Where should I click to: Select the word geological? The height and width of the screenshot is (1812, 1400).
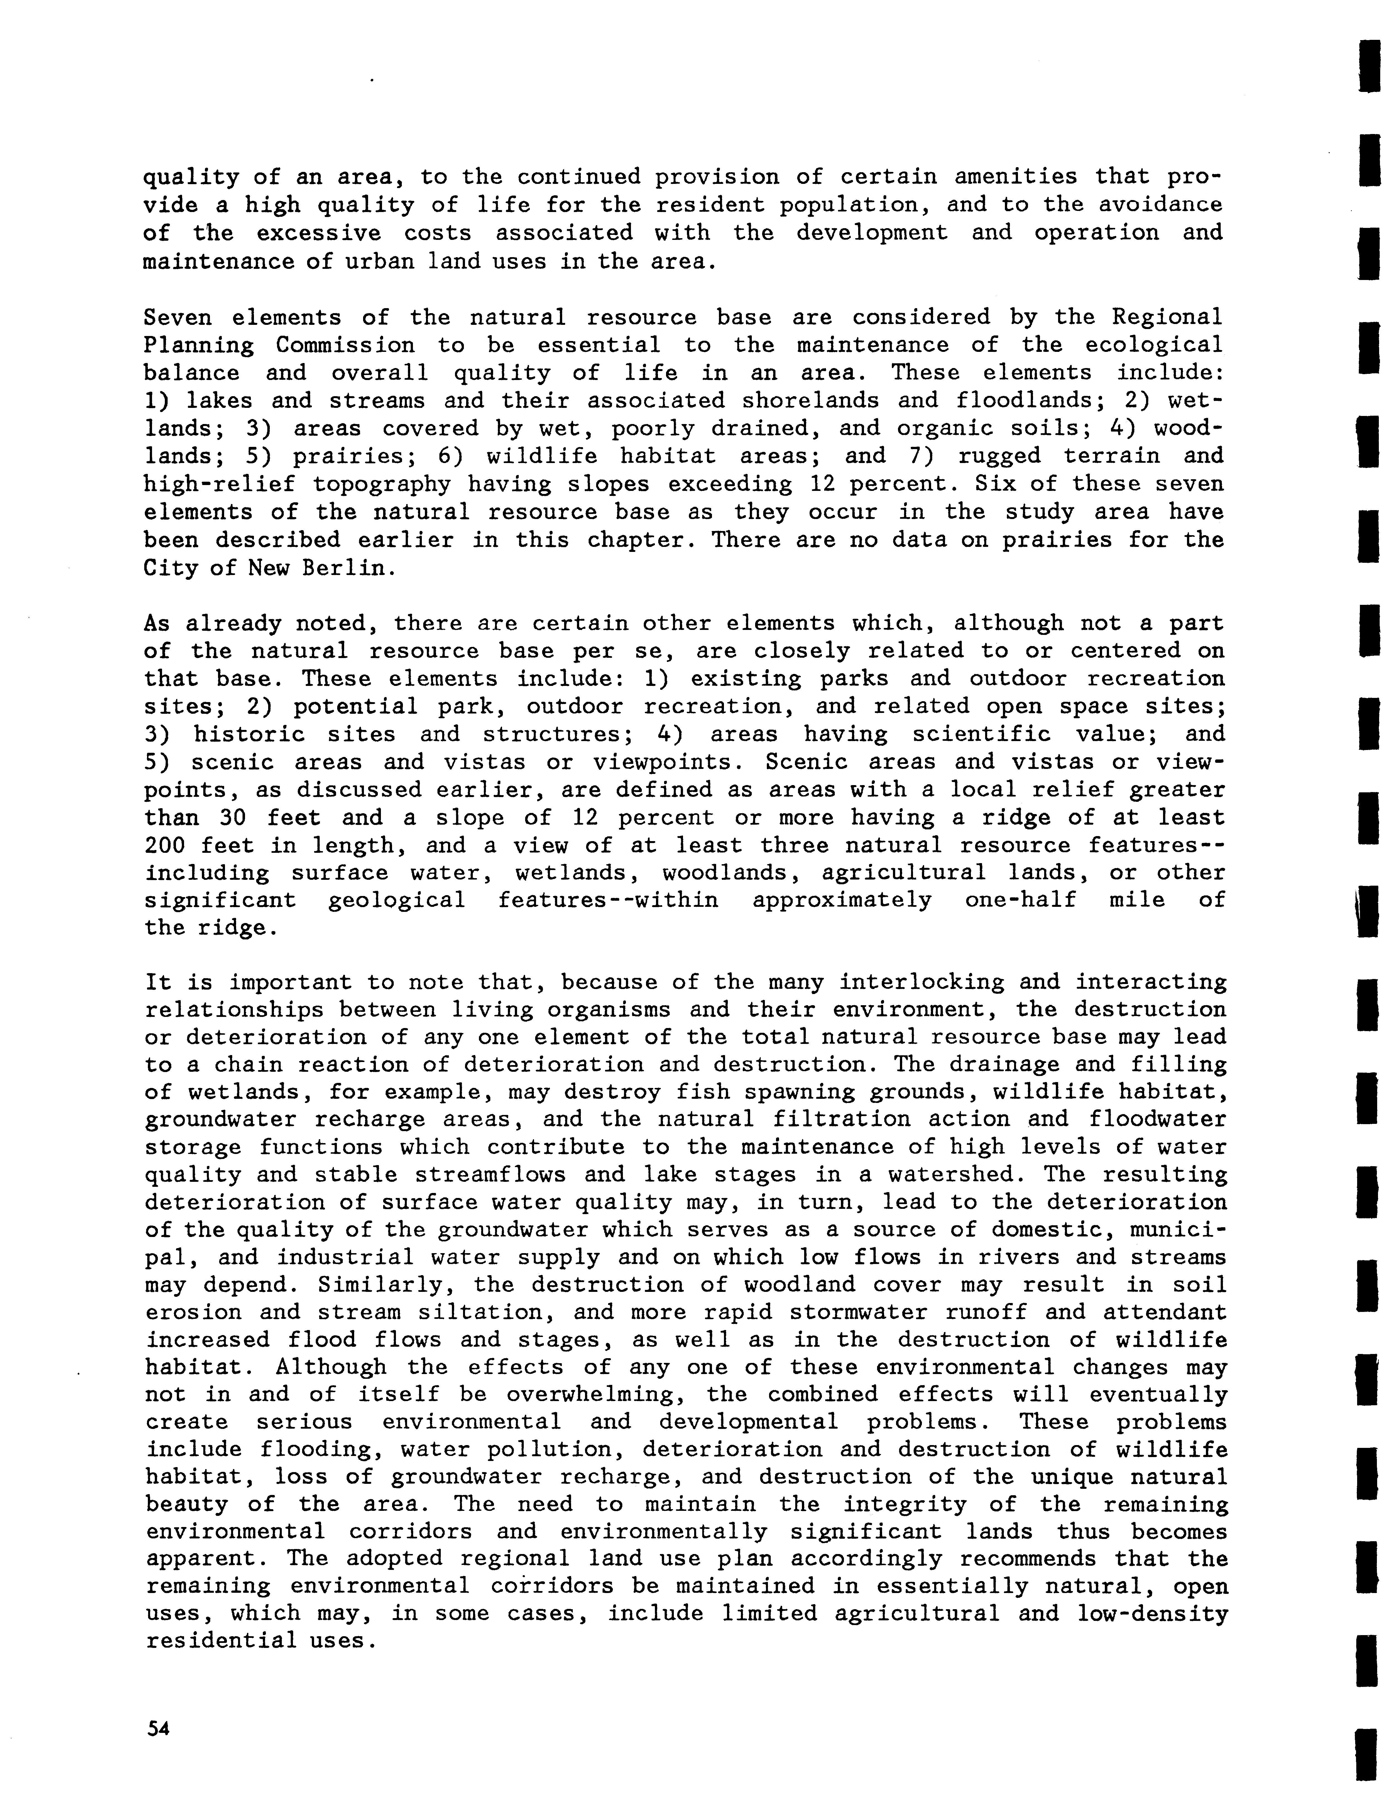[x=396, y=900]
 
